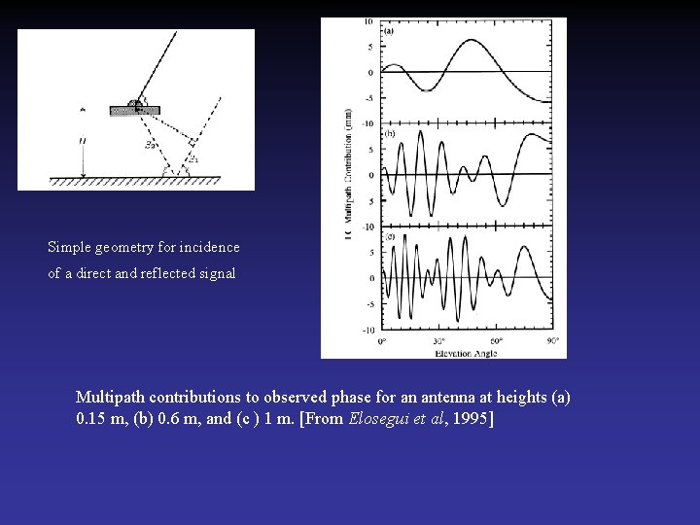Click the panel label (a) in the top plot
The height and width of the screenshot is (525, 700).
pos(390,30)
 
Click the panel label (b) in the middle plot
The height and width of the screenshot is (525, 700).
pos(390,132)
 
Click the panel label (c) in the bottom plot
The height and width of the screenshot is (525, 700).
pos(390,236)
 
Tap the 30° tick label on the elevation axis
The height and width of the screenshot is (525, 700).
pos(440,341)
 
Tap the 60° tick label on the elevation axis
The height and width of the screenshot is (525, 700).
pos(496,341)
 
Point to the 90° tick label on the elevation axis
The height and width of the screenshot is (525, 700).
pos(551,341)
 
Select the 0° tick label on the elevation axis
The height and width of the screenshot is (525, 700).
pos(383,341)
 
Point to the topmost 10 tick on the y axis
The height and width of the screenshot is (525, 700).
pos(369,21)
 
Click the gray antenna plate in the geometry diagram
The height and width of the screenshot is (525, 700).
pos(135,111)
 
